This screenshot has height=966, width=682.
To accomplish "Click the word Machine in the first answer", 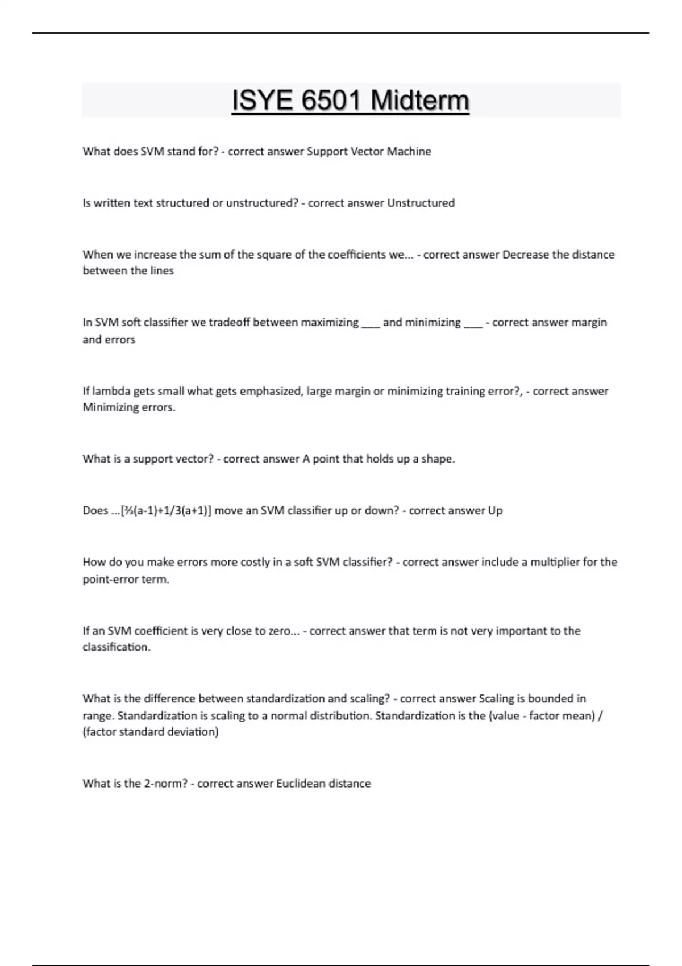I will [x=409, y=152].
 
